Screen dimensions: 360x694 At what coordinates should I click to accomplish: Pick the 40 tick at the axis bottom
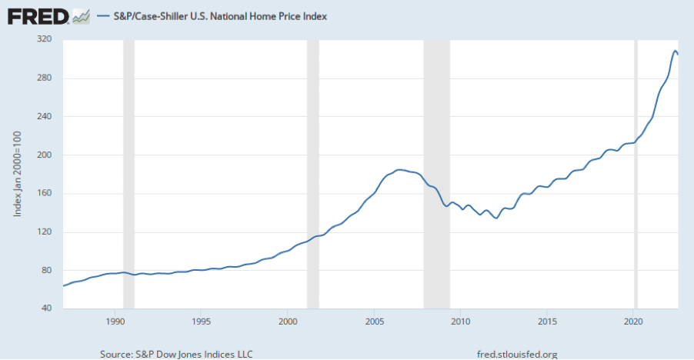(45, 308)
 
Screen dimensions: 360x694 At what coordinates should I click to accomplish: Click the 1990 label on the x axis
(115, 321)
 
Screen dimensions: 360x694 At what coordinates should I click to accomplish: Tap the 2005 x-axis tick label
(374, 321)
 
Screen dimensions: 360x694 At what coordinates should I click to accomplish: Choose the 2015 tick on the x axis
(547, 321)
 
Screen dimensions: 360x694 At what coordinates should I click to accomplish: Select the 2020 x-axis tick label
(633, 321)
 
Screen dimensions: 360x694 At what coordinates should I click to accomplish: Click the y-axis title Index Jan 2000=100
(18, 174)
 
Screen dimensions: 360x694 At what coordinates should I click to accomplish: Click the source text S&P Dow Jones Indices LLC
(176, 354)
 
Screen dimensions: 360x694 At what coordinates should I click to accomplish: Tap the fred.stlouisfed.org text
(516, 354)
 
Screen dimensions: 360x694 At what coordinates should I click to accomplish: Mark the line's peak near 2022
(675, 51)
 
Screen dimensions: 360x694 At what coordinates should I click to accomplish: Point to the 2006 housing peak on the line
(398, 169)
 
